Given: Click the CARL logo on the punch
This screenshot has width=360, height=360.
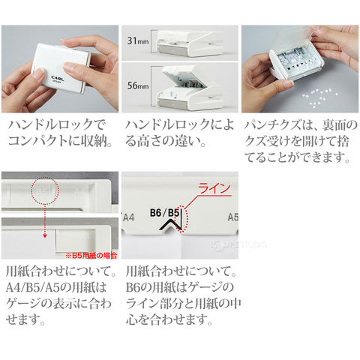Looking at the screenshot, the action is click(58, 78).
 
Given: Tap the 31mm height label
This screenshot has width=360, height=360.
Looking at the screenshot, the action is click(138, 40).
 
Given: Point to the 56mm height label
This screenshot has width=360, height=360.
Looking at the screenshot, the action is click(138, 85).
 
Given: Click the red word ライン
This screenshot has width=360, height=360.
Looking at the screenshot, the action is click(214, 188).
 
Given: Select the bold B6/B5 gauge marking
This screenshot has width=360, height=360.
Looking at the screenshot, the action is click(165, 213).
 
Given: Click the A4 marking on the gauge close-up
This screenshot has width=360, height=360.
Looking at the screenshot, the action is click(129, 217).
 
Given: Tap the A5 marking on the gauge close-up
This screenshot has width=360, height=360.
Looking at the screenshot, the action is click(233, 217).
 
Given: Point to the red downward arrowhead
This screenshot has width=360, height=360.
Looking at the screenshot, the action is click(45, 235).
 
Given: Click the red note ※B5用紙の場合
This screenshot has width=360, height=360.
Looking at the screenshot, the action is click(91, 256).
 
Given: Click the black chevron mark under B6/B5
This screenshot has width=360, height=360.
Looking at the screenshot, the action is click(170, 224).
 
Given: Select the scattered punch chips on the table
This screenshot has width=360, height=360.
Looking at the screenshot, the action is click(320, 96).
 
